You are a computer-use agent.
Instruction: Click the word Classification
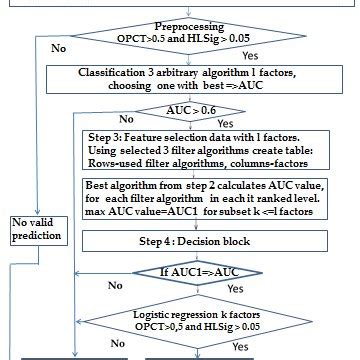pyautogui.click(x=121, y=73)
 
